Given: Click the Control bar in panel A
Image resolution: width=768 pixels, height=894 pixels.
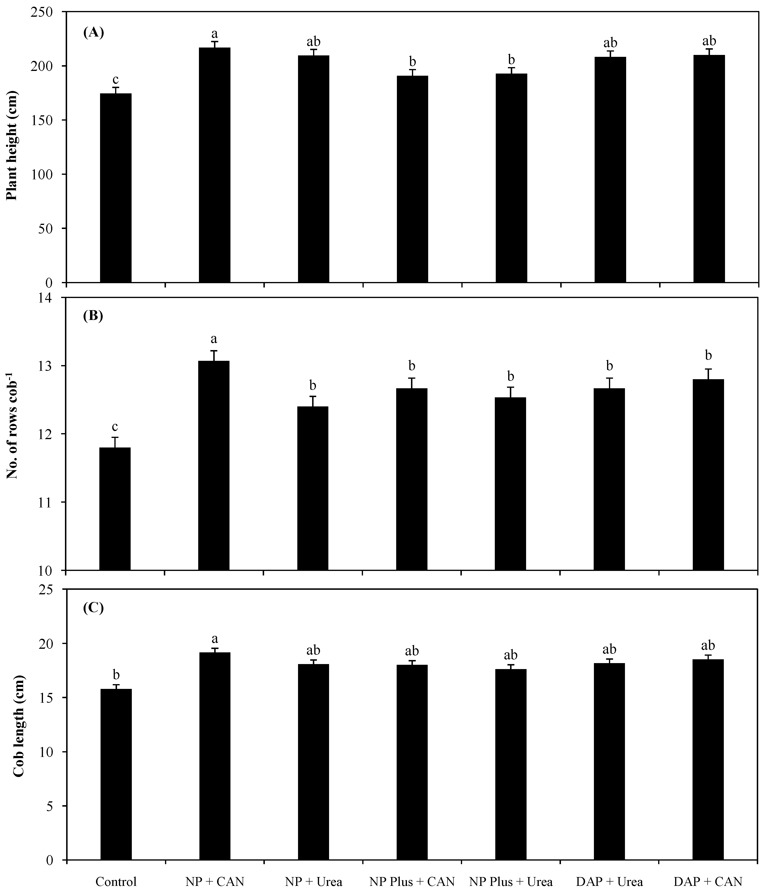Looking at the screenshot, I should click(x=116, y=188).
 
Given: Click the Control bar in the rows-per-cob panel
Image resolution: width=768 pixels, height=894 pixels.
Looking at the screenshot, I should click(x=115, y=509).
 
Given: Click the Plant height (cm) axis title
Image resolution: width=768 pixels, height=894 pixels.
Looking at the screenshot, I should click(x=12, y=145).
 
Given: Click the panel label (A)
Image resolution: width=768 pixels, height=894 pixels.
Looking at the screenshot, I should click(x=93, y=32).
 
